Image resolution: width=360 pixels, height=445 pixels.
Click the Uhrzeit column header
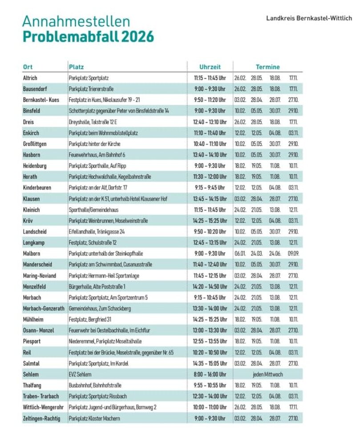(x=210, y=67)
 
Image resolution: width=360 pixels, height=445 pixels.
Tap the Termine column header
(x=267, y=67)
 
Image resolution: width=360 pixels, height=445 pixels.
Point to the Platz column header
(x=76, y=67)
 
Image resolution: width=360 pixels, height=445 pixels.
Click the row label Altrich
(x=30, y=78)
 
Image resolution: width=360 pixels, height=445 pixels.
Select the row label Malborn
(x=32, y=253)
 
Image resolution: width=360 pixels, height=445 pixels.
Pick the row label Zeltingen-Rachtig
(x=41, y=418)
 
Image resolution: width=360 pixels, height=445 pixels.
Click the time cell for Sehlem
(x=210, y=374)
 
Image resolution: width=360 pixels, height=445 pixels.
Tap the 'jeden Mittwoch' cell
(x=267, y=374)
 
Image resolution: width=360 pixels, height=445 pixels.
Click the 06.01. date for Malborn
(x=240, y=253)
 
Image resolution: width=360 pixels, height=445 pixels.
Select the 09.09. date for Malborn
(x=293, y=253)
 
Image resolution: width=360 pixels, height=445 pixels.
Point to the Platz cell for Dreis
(x=94, y=122)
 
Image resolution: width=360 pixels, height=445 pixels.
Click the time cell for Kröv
(x=210, y=221)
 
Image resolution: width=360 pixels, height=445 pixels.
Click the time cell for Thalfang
(x=210, y=385)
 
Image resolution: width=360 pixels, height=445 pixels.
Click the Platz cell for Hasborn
(x=97, y=155)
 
